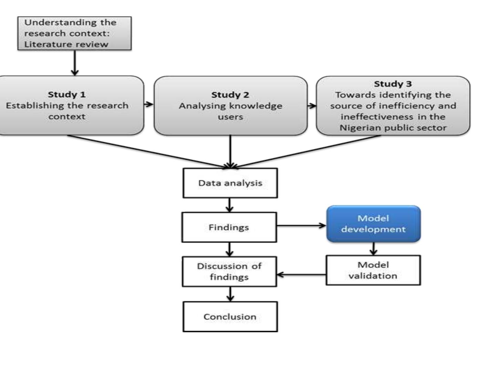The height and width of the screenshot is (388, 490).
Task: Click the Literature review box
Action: tap(74, 33)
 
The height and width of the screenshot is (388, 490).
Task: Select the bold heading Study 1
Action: tap(66, 94)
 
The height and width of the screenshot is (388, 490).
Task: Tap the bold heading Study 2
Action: tap(230, 95)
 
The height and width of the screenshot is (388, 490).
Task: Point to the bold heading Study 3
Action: tap(393, 84)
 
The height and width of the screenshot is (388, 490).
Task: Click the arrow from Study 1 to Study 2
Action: tap(149, 104)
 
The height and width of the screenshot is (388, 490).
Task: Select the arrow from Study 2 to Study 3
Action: tap(312, 105)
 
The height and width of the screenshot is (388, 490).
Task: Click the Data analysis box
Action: tap(230, 183)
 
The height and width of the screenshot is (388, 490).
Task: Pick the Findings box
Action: tap(229, 227)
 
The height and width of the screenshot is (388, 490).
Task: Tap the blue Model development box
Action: tap(373, 224)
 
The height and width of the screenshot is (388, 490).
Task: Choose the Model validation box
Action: tap(373, 270)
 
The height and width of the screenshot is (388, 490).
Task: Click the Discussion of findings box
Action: tap(229, 271)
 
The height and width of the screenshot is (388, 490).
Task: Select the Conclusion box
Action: tap(230, 317)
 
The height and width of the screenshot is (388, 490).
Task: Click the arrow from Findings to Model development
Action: tap(301, 226)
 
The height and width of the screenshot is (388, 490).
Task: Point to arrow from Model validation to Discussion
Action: tap(301, 275)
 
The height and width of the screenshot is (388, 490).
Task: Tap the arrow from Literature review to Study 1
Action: tap(75, 63)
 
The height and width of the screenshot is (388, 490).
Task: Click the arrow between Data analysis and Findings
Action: tap(230, 205)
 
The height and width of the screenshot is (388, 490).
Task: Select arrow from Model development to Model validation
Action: tap(374, 249)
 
